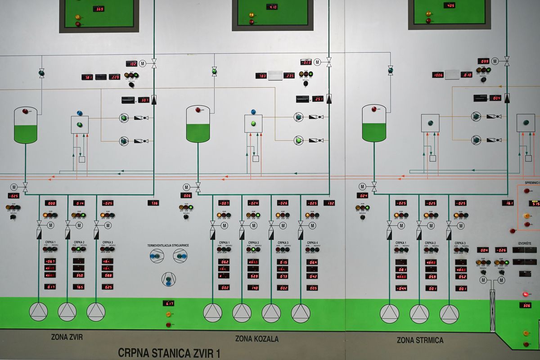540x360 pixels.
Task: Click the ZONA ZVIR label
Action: click(67, 337)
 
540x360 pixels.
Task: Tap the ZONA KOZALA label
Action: click(256, 338)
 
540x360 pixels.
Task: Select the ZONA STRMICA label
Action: click(420, 340)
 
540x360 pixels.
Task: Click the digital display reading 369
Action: click(99, 9)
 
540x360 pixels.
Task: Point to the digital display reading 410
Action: click(272, 7)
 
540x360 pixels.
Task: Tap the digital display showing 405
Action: click(449, 5)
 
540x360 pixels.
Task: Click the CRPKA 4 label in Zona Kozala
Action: click(312, 243)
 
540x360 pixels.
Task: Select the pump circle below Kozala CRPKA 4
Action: click(301, 313)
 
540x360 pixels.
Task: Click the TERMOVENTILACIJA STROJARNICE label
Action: click(168, 245)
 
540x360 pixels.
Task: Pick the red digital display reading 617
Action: click(168, 303)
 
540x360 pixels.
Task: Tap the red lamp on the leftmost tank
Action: click(25, 111)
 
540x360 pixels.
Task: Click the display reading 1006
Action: click(438, 75)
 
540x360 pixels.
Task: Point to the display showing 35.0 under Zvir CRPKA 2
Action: click(78, 275)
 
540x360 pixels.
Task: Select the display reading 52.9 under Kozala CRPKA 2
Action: click(253, 276)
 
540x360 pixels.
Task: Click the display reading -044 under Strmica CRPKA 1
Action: click(401, 288)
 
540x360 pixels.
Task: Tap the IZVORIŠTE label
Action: click(525, 243)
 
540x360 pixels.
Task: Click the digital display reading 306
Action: click(525, 305)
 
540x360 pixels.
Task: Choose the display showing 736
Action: click(153, 203)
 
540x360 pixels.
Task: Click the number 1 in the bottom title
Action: click(217, 353)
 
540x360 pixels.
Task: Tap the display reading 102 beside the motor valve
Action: click(131, 63)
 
